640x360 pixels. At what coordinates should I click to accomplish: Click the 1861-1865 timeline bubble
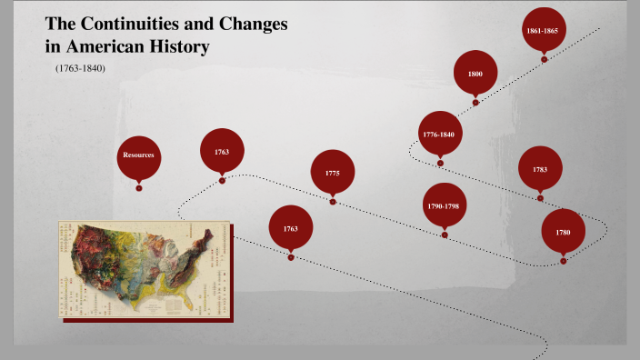click(x=544, y=30)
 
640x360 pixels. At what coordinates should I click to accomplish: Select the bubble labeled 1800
click(x=475, y=74)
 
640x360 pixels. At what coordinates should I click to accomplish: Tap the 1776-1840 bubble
click(x=439, y=134)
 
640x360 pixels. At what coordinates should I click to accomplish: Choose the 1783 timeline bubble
click(x=540, y=169)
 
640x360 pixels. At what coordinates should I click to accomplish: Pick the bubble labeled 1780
click(x=563, y=232)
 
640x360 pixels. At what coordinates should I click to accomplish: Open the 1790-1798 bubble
click(x=444, y=206)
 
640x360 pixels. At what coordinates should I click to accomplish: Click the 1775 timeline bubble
click(x=333, y=173)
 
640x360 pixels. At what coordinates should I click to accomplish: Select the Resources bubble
click(x=139, y=155)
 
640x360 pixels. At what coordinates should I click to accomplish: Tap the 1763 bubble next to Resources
click(x=222, y=151)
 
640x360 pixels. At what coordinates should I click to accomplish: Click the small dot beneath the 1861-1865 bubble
click(x=544, y=59)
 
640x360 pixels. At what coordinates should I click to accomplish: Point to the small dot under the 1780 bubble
click(x=563, y=261)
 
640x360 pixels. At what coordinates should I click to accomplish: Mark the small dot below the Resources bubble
click(x=139, y=188)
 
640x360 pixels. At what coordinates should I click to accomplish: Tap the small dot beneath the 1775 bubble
click(x=333, y=202)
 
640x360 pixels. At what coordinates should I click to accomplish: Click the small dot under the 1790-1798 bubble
click(x=445, y=235)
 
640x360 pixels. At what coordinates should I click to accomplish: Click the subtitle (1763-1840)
click(x=81, y=68)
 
